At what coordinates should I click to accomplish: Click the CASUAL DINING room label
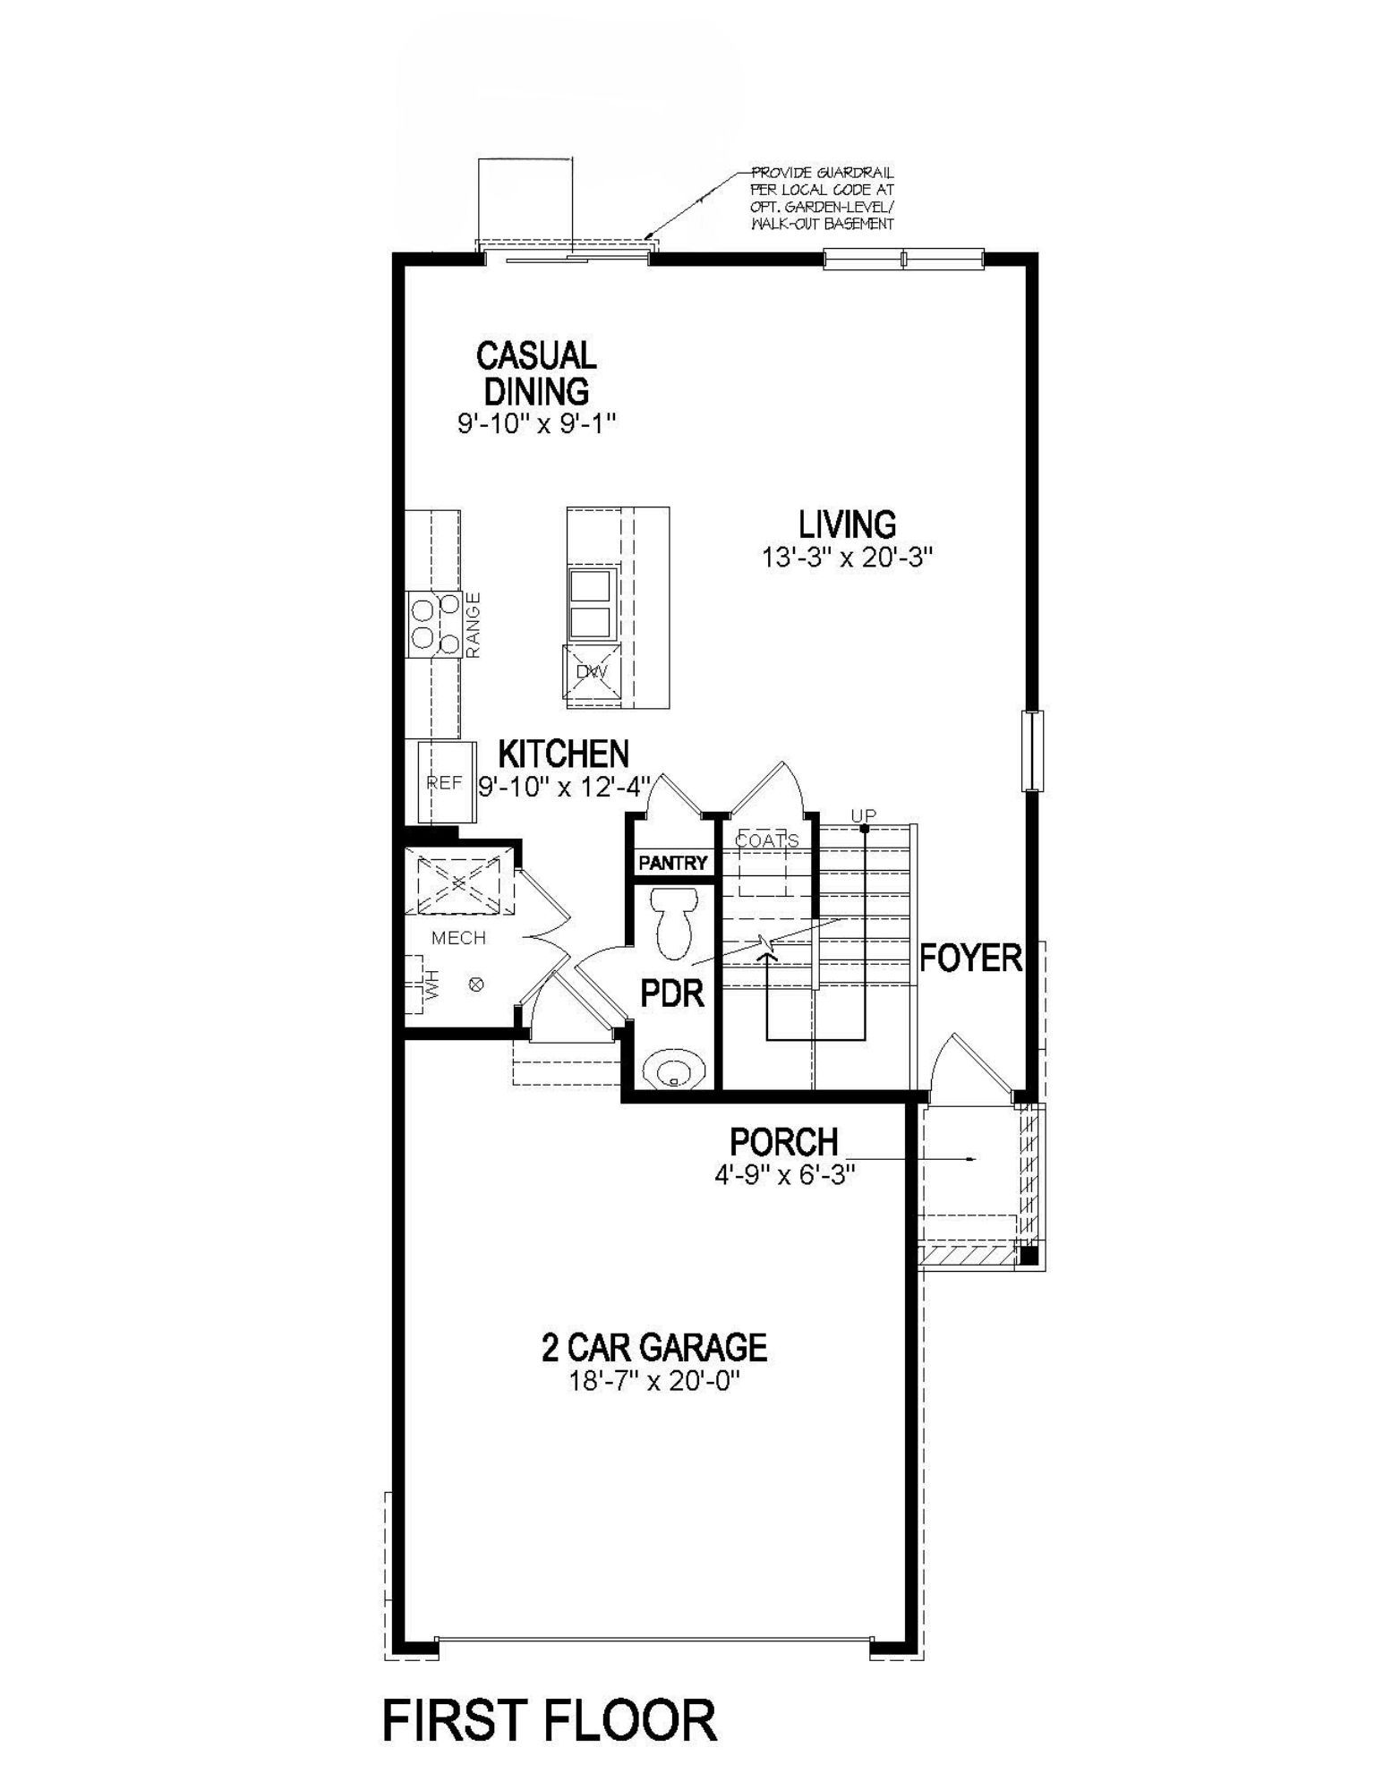point(536,372)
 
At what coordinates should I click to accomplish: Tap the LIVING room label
point(847,524)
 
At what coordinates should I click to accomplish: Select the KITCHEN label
point(563,754)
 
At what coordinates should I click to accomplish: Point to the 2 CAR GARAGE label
point(654,1347)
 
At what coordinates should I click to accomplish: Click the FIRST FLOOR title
point(550,1720)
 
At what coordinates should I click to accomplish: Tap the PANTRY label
point(672,863)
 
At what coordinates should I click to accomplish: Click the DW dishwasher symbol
point(591,671)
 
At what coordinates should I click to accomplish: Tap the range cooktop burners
point(434,625)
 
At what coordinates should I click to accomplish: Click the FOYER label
point(971,959)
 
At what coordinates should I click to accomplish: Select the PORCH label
point(784,1141)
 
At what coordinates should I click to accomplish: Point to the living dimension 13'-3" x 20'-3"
point(847,557)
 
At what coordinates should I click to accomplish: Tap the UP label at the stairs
point(863,815)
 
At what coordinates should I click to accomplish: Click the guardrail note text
point(822,198)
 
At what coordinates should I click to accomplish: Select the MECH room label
point(458,938)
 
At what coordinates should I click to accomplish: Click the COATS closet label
point(766,840)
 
